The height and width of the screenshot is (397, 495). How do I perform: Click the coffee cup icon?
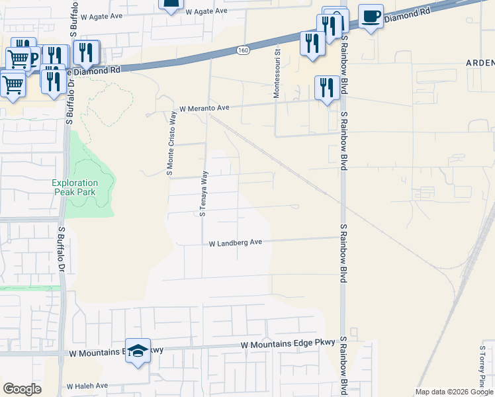click(371, 16)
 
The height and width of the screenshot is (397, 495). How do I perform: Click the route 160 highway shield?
click(244, 50)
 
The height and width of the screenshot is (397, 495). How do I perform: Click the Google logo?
click(22, 388)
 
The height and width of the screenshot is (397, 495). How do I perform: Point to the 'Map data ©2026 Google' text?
click(455, 392)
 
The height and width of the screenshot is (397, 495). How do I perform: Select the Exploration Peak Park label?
click(75, 187)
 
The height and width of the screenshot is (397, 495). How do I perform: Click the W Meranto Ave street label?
click(204, 108)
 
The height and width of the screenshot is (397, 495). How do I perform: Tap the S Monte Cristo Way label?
click(171, 143)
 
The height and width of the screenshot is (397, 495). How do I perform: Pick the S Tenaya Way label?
click(204, 192)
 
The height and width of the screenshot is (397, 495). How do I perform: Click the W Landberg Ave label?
click(236, 243)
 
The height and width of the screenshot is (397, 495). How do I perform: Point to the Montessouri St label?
click(278, 73)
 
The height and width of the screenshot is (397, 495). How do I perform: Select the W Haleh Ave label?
click(87, 385)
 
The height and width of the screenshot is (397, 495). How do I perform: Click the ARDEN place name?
click(480, 63)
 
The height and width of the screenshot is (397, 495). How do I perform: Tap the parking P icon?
click(32, 56)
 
